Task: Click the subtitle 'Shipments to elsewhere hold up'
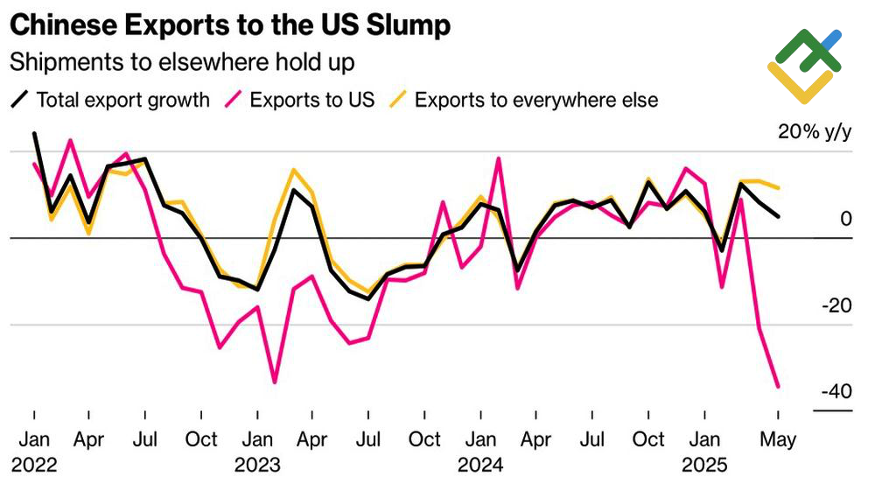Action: coord(181,62)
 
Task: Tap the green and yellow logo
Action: coord(805,66)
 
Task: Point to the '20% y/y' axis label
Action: coord(814,132)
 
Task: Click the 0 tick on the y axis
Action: coord(845,219)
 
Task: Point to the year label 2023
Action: coord(257,463)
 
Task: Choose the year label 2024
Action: coord(480,463)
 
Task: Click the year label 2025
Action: coord(704,463)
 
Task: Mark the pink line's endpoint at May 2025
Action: coord(778,387)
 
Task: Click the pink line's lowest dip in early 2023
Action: coord(275,382)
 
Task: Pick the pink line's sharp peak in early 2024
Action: coord(499,158)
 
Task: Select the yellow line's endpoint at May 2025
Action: coord(779,187)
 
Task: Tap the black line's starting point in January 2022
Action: coord(34,134)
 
